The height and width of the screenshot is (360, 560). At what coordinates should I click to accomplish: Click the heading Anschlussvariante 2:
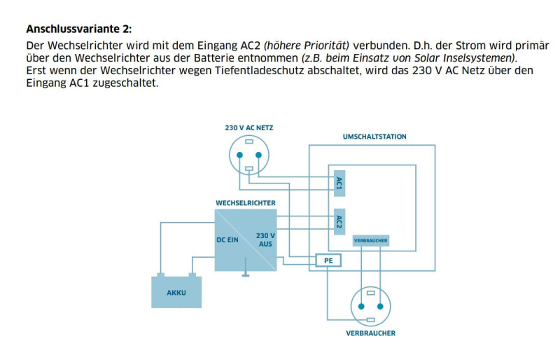(x=78, y=29)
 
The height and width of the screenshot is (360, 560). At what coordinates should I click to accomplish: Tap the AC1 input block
(x=339, y=184)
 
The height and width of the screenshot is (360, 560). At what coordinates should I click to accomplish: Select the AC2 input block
(x=339, y=222)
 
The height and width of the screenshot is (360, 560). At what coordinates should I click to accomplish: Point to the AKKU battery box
(x=176, y=292)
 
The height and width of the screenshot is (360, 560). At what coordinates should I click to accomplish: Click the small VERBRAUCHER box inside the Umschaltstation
(x=370, y=240)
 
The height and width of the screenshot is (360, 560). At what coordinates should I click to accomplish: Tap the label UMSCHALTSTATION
(x=374, y=137)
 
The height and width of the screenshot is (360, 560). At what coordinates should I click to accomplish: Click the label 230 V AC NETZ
(x=248, y=127)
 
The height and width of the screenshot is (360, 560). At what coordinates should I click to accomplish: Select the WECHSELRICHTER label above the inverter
(x=245, y=203)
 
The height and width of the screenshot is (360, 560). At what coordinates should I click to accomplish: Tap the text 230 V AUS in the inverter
(x=265, y=240)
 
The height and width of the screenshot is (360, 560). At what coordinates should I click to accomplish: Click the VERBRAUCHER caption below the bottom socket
(x=370, y=333)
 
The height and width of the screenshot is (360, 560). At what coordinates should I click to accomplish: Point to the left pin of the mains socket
(x=239, y=155)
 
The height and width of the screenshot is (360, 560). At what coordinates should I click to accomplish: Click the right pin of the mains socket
(x=258, y=155)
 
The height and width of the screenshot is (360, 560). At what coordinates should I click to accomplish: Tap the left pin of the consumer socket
(x=361, y=306)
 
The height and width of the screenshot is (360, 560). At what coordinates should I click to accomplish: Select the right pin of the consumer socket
(x=380, y=306)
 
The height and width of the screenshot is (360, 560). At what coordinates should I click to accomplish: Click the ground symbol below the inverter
(x=246, y=274)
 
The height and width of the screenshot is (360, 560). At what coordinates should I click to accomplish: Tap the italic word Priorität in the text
(x=322, y=45)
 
